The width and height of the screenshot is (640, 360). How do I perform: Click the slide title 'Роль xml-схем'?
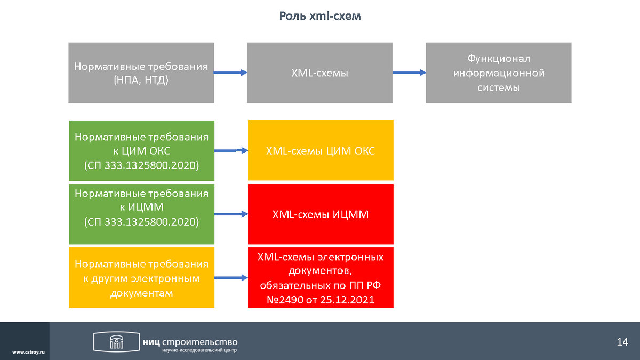pos(319,16)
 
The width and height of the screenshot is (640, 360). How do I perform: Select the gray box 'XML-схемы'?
pos(319,73)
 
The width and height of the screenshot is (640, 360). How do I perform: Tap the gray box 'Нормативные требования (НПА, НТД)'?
pos(141,73)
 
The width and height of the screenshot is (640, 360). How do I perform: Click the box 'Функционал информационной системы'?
pos(499,73)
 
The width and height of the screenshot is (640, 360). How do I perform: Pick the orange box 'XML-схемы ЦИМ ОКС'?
pos(321,150)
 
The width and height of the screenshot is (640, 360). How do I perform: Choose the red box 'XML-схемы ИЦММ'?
pos(321,214)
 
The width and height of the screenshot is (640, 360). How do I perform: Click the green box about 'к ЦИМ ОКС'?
pos(142,150)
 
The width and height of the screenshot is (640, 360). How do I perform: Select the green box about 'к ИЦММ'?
pos(142,214)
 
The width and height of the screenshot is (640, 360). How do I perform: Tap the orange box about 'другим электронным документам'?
pos(142,278)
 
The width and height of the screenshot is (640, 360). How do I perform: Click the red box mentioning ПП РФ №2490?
pos(321,278)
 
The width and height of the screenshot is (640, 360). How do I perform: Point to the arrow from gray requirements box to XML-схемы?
pos(230,73)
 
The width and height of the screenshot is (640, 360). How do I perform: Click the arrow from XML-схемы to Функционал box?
pos(409,73)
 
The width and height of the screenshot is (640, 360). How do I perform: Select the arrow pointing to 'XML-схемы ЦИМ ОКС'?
pos(231,150)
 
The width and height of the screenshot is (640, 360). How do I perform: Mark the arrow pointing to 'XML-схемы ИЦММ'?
pos(231,214)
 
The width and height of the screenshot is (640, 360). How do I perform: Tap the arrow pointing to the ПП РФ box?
pos(231,278)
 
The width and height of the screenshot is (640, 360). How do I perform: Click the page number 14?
pos(622,342)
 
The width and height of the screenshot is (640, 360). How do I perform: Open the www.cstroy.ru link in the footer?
pos(29,353)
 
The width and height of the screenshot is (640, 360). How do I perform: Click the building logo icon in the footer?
pos(117,342)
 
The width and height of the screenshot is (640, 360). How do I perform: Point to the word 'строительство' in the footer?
pos(199,342)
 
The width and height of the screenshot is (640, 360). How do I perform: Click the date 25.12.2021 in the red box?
pos(347,300)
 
